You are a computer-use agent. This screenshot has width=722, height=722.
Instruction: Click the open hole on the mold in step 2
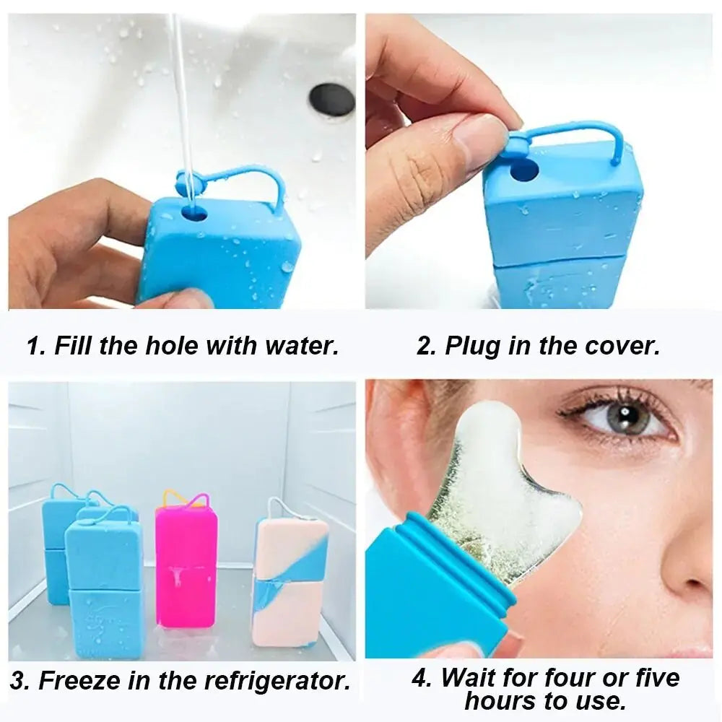click(x=524, y=171)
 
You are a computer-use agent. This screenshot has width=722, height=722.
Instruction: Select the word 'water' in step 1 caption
click(x=301, y=345)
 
